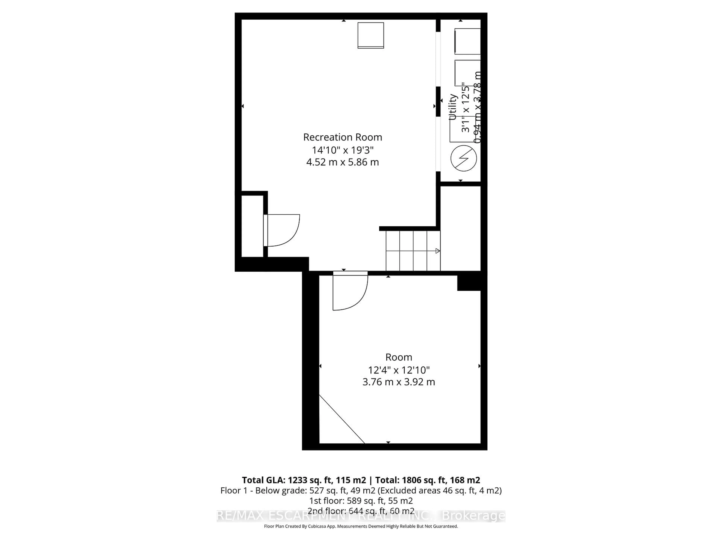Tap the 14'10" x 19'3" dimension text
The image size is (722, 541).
(342, 150)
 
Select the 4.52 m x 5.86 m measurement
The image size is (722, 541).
(342, 162)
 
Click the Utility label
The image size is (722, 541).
(452, 107)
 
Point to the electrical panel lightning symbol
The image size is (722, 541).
(463, 158)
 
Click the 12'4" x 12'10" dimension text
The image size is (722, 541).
(399, 370)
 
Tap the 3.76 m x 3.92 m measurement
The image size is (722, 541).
(399, 382)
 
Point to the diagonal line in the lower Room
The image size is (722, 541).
(342, 419)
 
